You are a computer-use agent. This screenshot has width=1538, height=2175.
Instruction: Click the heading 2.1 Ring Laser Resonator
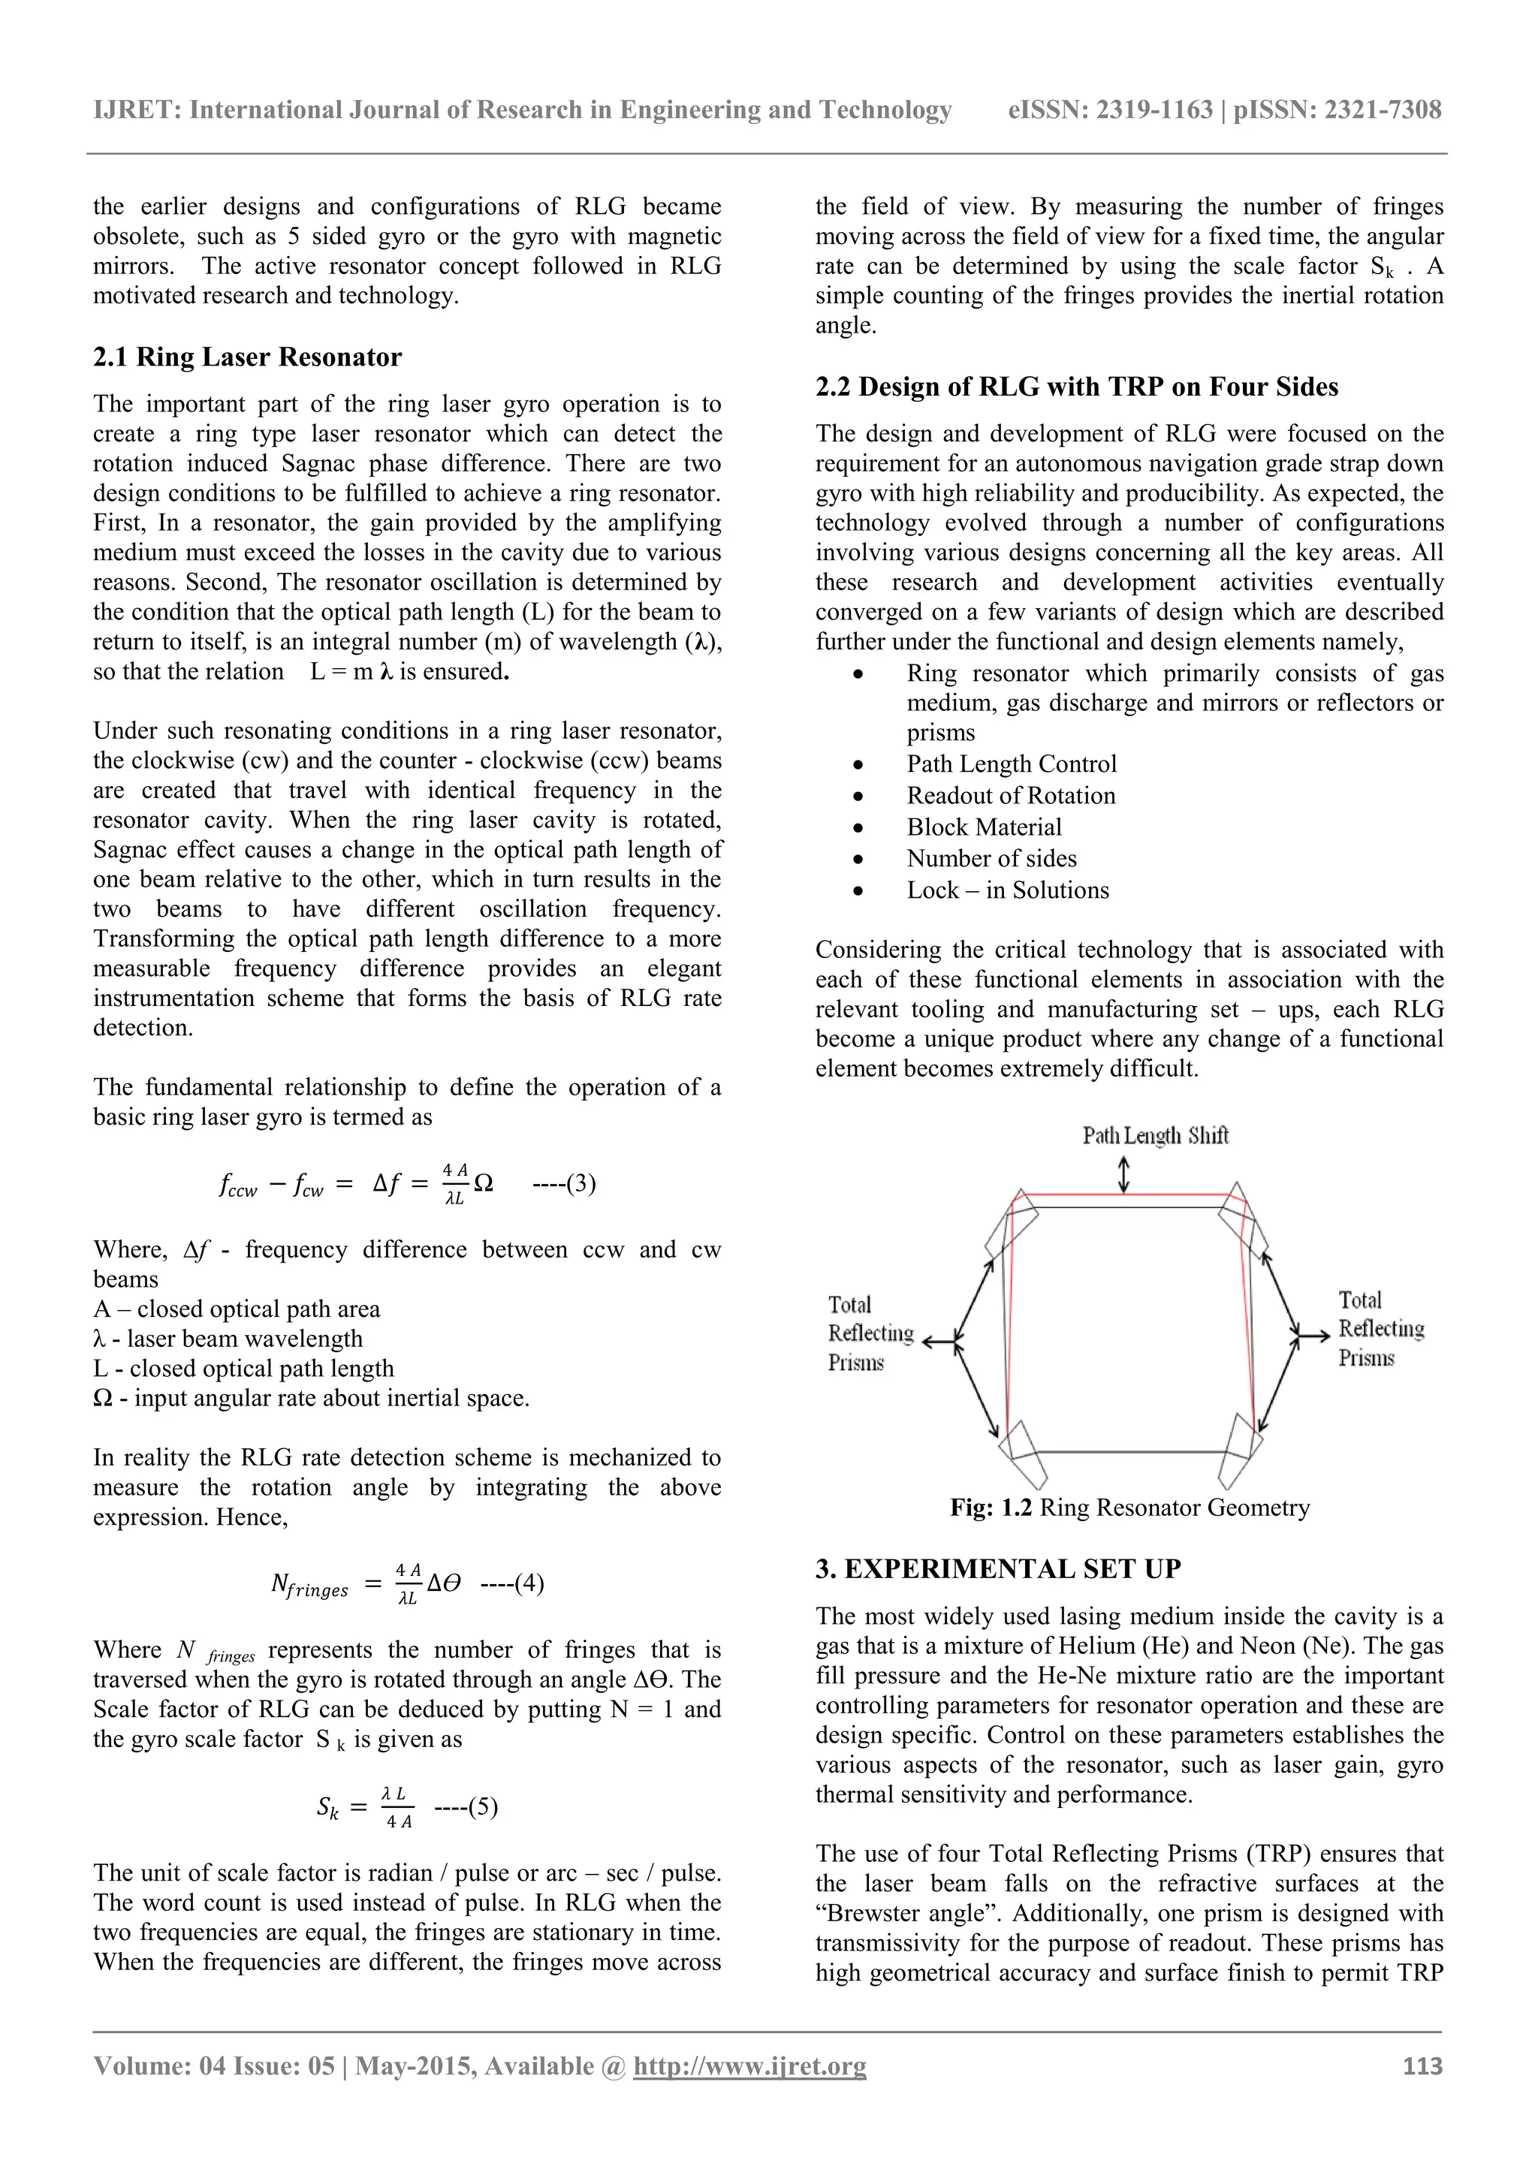(247, 357)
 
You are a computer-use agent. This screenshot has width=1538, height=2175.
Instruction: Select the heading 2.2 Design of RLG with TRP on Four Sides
(1076, 387)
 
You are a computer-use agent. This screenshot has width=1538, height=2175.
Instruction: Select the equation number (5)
(466, 1806)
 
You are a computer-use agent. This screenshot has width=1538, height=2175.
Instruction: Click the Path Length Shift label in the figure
(1155, 1135)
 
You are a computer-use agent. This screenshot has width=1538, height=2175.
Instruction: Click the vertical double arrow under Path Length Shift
(1124, 1175)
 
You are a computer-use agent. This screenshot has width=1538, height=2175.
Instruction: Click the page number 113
(1422, 2065)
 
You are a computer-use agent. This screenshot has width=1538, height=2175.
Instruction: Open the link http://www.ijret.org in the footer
(749, 2065)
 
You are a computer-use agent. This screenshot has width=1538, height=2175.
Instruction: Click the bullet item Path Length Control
(1011, 764)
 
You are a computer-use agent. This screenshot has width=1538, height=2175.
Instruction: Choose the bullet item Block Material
(984, 827)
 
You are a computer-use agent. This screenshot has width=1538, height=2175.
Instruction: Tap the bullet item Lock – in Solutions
(1007, 890)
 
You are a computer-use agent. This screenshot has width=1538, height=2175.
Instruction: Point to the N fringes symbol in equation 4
(309, 1585)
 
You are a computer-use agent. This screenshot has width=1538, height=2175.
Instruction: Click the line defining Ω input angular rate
(311, 1398)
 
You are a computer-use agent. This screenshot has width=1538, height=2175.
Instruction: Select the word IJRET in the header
(134, 110)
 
